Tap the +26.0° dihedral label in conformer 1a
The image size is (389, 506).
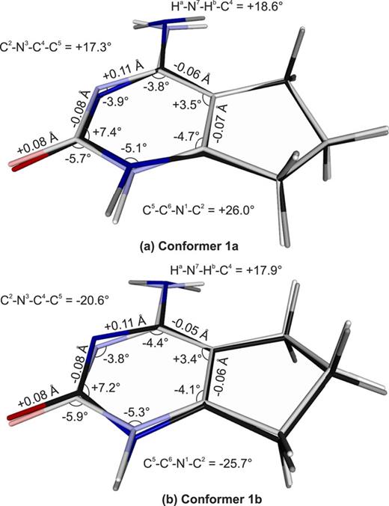(x=199, y=210)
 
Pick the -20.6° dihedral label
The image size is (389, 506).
(x=54, y=301)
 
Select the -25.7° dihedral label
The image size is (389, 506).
(x=197, y=464)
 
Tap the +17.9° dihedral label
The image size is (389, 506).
(x=227, y=269)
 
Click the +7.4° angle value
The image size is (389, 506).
(x=108, y=132)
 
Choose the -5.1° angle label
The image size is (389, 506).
(x=134, y=149)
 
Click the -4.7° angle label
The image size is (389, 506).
(x=186, y=137)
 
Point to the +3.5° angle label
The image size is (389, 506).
(x=187, y=106)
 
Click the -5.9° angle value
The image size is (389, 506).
(x=76, y=416)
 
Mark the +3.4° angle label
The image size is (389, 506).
(x=188, y=359)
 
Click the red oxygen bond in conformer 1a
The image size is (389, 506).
(x=30, y=162)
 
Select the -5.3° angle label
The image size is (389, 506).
(x=136, y=411)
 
